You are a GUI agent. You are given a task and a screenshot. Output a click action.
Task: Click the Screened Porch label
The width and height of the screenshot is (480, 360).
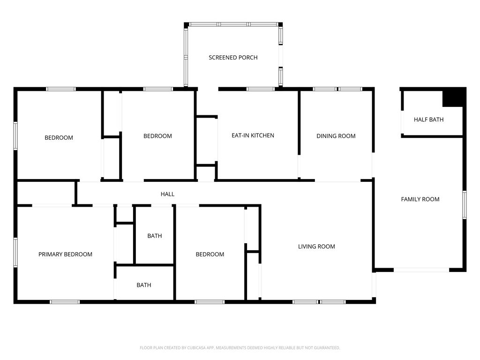(x=233, y=58)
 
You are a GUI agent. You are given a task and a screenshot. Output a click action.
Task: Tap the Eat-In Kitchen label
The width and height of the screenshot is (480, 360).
(x=253, y=135)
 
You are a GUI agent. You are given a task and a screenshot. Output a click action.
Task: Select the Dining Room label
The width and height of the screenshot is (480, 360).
(x=336, y=136)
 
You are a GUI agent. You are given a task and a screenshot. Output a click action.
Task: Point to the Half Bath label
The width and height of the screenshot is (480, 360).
(x=428, y=120)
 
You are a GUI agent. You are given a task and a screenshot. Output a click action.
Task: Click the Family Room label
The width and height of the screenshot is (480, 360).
(x=420, y=199)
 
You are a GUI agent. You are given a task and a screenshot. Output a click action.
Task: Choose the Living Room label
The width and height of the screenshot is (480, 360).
(x=316, y=247)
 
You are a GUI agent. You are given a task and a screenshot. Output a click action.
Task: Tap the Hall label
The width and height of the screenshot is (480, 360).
(x=167, y=194)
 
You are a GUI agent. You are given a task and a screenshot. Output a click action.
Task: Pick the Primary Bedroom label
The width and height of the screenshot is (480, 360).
(x=65, y=255)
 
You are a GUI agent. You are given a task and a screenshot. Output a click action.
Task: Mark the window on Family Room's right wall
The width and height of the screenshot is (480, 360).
(x=465, y=205)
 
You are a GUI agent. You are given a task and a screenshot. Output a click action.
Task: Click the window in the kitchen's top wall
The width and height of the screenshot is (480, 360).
(x=261, y=89)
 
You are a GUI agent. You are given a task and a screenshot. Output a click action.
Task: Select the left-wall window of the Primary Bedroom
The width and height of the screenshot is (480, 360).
(x=15, y=253)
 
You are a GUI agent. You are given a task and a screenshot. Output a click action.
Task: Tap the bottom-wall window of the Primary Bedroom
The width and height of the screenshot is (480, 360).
(x=65, y=302)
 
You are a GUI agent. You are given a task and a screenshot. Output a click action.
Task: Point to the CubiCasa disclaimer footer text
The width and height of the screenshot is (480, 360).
(x=240, y=348)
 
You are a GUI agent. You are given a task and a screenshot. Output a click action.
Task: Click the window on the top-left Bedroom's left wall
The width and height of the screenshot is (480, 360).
(x=15, y=136)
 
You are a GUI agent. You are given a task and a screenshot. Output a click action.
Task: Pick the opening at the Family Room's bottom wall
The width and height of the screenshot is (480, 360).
(x=421, y=270)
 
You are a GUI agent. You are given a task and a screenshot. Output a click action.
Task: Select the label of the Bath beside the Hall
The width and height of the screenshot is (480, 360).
(x=155, y=236)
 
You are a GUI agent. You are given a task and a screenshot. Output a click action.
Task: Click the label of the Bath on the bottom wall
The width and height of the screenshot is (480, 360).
(x=144, y=285)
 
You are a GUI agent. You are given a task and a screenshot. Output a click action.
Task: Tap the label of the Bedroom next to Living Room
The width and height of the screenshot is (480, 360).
(x=210, y=255)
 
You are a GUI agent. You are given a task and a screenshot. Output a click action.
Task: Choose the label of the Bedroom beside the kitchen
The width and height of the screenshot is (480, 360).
(x=157, y=136)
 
